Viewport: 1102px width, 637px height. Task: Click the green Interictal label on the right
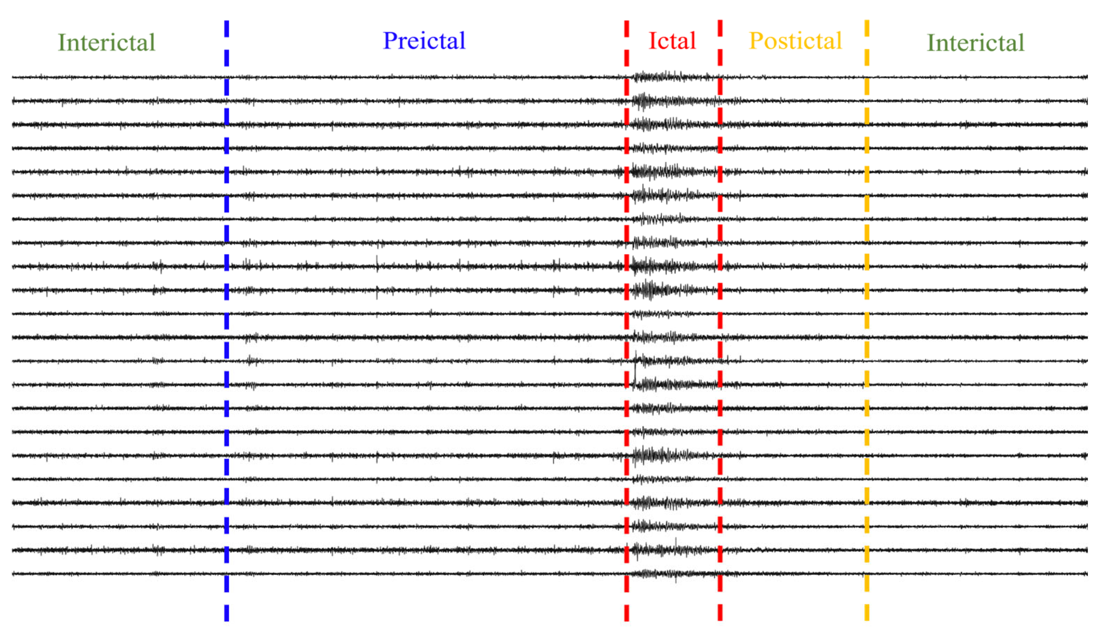(975, 42)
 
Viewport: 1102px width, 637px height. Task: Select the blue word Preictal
(424, 41)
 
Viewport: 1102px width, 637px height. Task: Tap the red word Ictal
(672, 41)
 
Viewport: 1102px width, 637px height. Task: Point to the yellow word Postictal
(795, 41)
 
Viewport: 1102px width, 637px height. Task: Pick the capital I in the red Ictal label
(652, 41)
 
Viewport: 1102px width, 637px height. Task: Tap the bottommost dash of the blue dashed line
(226, 613)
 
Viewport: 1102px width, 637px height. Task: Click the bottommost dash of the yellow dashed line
(866, 612)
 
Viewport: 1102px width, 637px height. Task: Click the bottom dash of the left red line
(627, 613)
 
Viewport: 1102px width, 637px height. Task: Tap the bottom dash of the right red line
(720, 612)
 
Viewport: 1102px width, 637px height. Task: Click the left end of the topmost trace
(13, 78)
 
